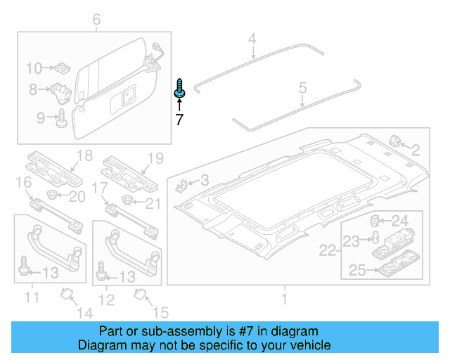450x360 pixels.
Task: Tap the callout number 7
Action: pos(179,120)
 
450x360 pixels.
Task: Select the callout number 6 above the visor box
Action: pos(96,20)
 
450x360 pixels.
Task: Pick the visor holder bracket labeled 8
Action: pos(59,90)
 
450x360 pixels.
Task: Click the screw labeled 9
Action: pos(60,116)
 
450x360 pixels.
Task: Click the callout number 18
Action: pos(84,156)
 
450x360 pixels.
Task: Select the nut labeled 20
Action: pos(53,194)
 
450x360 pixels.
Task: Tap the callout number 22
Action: pos(328,250)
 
